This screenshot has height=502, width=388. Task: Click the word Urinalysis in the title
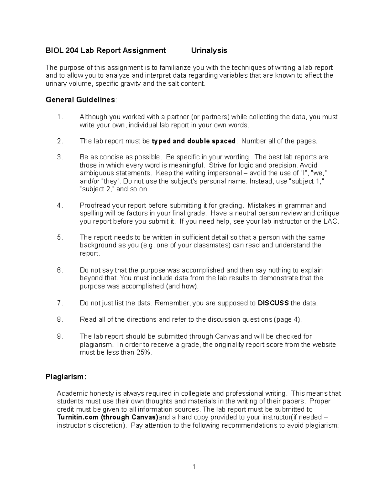(x=209, y=50)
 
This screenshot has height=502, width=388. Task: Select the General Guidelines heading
(x=81, y=100)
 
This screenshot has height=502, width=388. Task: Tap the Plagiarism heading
(x=66, y=377)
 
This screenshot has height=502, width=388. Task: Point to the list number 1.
(x=59, y=117)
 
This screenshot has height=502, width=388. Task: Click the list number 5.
(x=59, y=237)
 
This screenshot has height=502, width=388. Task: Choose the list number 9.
(x=59, y=336)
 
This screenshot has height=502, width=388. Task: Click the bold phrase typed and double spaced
(x=194, y=141)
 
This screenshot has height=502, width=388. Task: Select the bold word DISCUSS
(x=273, y=303)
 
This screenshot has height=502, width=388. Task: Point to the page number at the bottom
(x=194, y=467)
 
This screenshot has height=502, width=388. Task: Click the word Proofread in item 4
(x=95, y=206)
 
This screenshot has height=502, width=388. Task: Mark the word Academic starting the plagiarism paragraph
(x=73, y=393)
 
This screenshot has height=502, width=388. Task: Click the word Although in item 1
(x=93, y=117)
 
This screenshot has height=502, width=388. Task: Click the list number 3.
(x=59, y=157)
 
